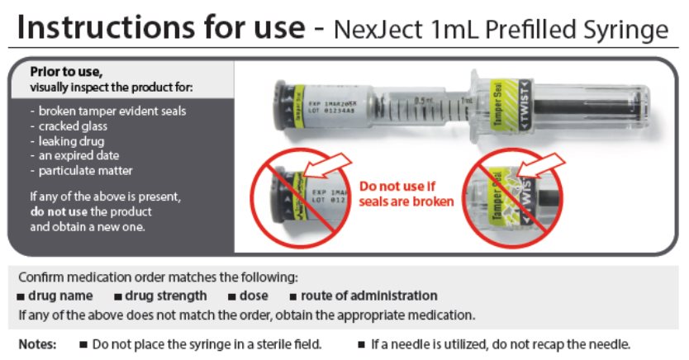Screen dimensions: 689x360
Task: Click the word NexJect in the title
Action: tap(378, 30)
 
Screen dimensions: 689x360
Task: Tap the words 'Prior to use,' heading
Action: tap(66, 72)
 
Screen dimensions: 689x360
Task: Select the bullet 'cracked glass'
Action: tap(73, 126)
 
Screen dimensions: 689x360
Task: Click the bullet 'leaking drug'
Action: tap(72, 141)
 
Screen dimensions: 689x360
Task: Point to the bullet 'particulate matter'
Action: tap(85, 171)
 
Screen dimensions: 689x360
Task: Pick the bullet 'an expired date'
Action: tap(78, 155)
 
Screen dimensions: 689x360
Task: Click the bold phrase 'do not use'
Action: tap(59, 211)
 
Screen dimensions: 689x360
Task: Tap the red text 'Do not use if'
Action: tap(397, 186)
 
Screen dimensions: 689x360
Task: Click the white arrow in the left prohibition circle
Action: tap(328, 166)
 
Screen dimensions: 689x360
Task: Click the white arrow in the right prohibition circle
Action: tap(541, 166)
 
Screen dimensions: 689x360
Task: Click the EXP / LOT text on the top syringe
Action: tap(332, 107)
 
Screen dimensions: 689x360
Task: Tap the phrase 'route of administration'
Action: tap(368, 296)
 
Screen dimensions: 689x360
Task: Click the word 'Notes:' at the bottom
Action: tap(37, 344)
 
